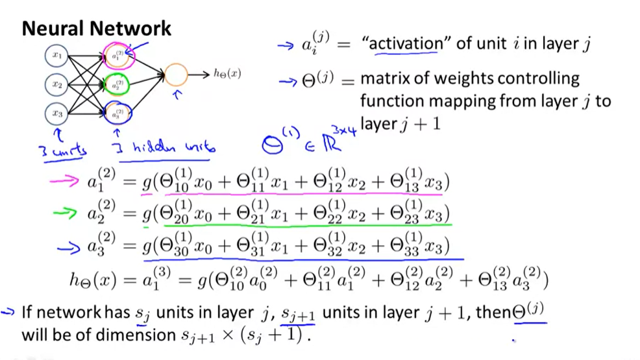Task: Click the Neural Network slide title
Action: coord(97,29)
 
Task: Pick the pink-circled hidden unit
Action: coord(116,57)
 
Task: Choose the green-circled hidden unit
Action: coord(116,85)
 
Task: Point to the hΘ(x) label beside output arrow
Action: coord(227,73)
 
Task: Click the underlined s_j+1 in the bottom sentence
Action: coord(297,314)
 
